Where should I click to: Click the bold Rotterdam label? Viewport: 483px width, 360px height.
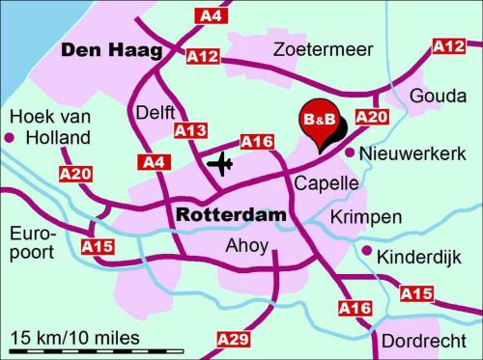click(232, 214)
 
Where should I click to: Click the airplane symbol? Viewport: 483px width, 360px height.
click(221, 163)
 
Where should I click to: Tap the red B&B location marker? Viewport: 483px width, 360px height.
click(319, 122)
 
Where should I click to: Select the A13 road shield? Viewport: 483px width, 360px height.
click(190, 130)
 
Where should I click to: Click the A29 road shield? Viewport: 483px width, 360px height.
click(234, 339)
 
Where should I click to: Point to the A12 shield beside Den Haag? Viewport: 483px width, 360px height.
click(203, 57)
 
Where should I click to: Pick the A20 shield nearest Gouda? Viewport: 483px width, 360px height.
click(372, 116)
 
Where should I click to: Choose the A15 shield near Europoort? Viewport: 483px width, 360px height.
click(98, 247)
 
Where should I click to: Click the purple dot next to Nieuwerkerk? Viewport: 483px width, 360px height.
click(349, 152)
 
